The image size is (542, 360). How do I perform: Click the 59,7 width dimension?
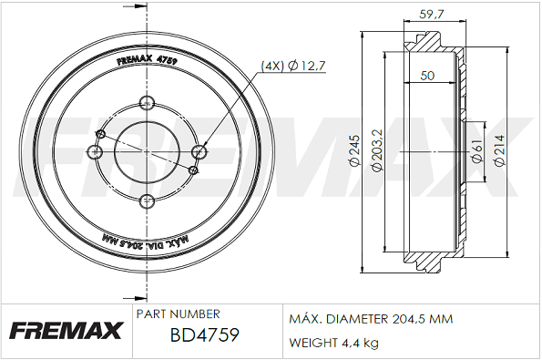point(431,15)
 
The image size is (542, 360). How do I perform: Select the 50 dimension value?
point(427,76)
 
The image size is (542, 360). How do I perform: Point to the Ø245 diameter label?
point(355,150)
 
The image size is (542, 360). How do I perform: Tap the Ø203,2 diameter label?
point(377,150)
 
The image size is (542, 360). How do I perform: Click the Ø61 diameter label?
point(477,151)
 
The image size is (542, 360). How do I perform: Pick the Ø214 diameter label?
point(499,150)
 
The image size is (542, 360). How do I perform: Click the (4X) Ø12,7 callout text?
point(293,66)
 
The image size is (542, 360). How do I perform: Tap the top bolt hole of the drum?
point(147,103)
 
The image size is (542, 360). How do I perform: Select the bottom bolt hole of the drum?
point(147,201)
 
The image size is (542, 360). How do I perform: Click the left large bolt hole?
point(95,152)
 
